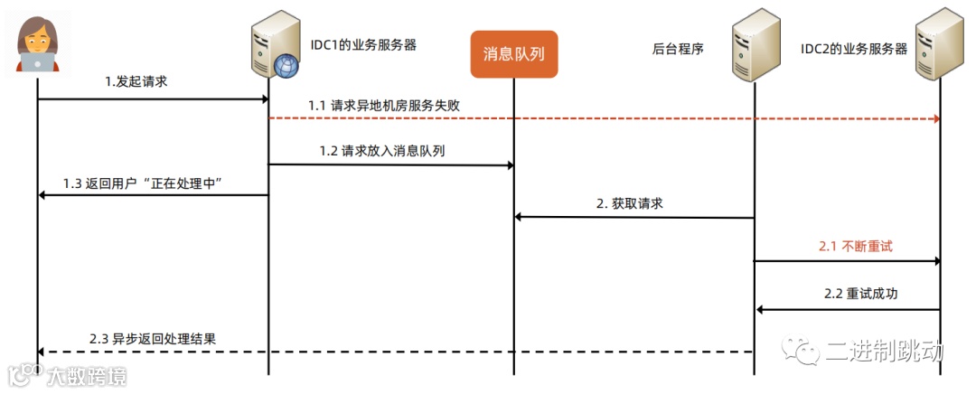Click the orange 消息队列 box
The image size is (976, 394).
513,55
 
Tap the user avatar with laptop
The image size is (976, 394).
38,43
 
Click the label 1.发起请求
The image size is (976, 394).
136,81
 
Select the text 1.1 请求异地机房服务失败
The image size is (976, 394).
384,105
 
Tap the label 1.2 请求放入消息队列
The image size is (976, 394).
382,151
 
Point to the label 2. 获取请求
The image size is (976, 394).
630,203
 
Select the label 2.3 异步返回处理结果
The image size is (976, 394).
153,339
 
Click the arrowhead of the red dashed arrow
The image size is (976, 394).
936,119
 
